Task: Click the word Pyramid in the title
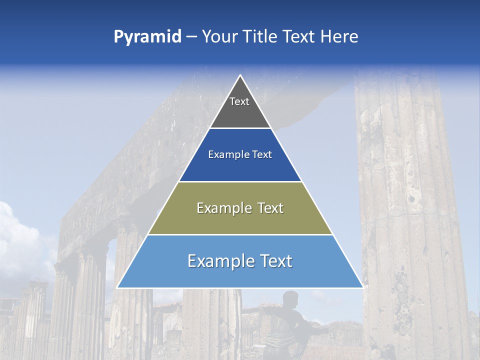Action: coord(147,37)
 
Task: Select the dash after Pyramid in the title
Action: coord(191,37)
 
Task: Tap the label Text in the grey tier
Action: coord(239,101)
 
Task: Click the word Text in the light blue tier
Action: coord(272,261)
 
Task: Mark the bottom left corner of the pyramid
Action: coord(117,287)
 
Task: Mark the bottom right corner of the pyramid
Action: coord(362,287)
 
